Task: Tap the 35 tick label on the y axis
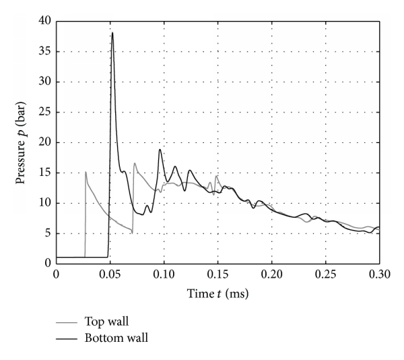pyautogui.click(x=44, y=51)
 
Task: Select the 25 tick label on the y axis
pyautogui.click(x=44, y=112)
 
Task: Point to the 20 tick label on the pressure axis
pyautogui.click(x=44, y=142)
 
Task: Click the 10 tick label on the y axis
pyautogui.click(x=44, y=203)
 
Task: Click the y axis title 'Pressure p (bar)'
pyautogui.click(x=28, y=142)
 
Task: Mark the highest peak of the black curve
pyautogui.click(x=112, y=32)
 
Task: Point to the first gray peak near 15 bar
pyautogui.click(x=86, y=172)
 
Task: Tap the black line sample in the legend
pyautogui.click(x=66, y=338)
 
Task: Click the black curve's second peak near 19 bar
pyautogui.click(x=160, y=149)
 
